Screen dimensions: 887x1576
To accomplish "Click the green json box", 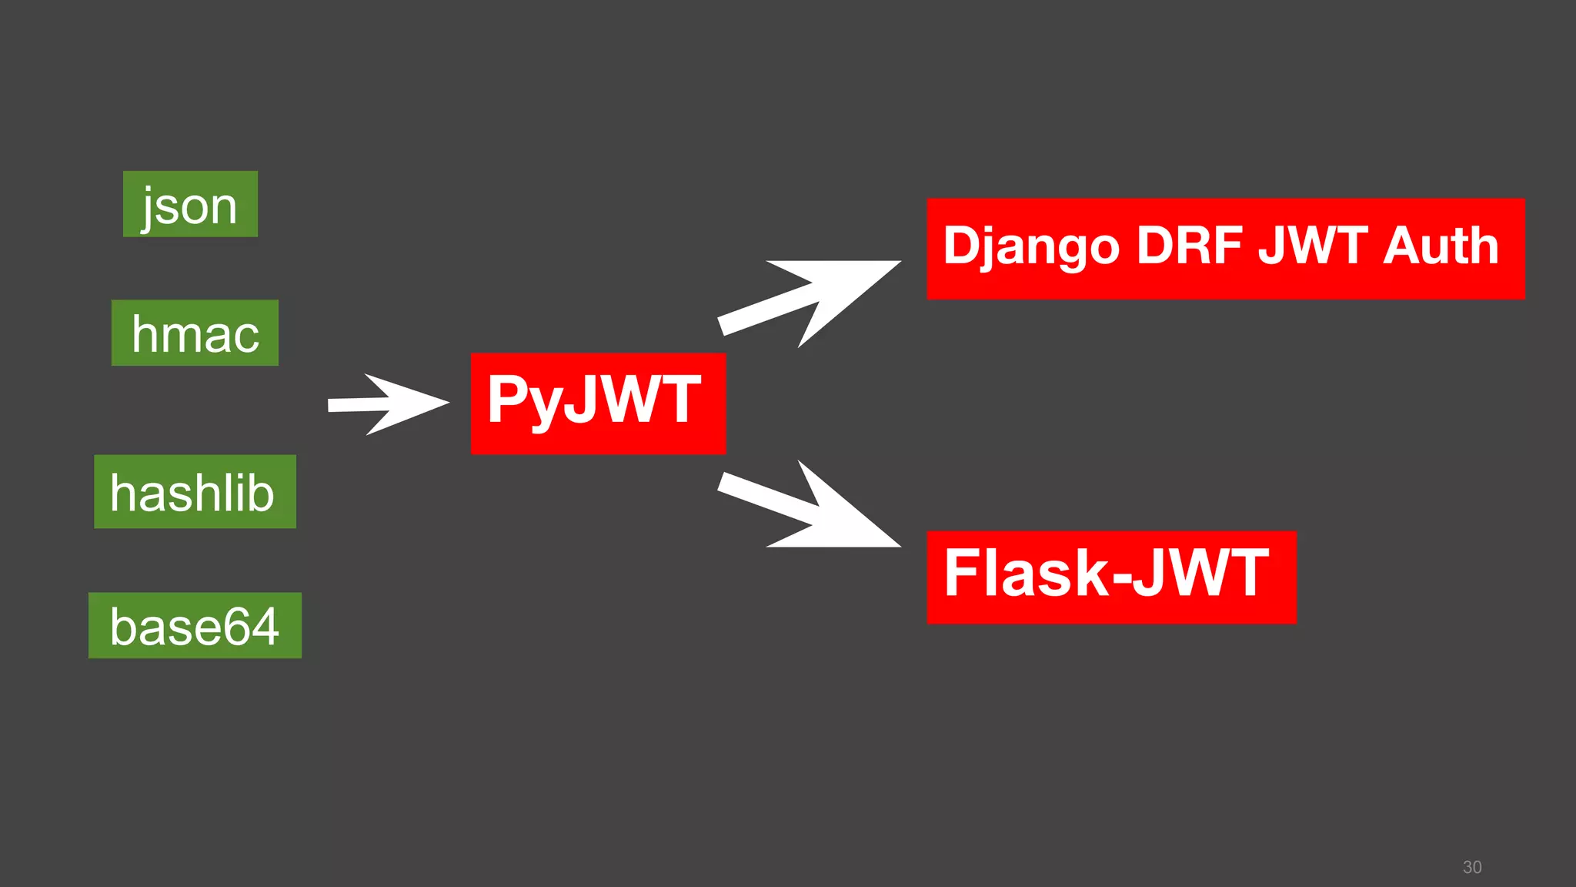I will pyautogui.click(x=190, y=204).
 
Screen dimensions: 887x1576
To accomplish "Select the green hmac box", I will pyautogui.click(x=195, y=333).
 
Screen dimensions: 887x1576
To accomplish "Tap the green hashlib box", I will pyautogui.click(x=195, y=491).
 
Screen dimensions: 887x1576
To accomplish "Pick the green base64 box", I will pyautogui.click(x=195, y=625).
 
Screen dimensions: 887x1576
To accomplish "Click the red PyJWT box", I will pyautogui.click(x=598, y=403).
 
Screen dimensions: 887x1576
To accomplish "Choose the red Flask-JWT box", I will pyautogui.click(x=1111, y=577).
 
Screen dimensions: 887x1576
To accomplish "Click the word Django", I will pyautogui.click(x=1031, y=247).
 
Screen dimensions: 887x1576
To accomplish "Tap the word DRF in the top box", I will pyautogui.click(x=1189, y=246).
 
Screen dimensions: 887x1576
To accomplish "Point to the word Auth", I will pyautogui.click(x=1441, y=246).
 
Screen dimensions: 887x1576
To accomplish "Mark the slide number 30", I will pyautogui.click(x=1472, y=867).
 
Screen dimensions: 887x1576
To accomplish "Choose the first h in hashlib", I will pyautogui.click(x=125, y=494).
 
